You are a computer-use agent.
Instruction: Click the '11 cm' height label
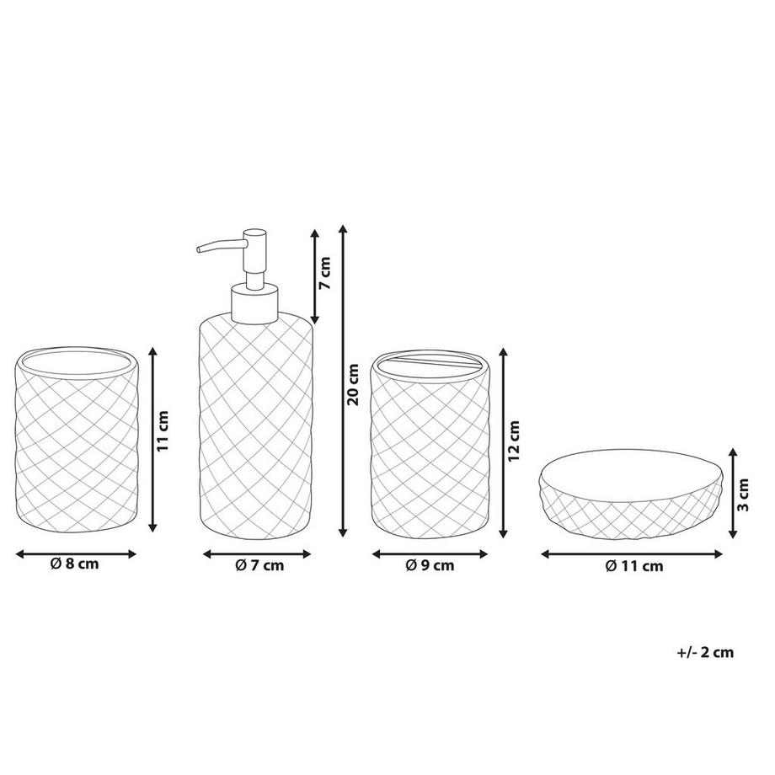coord(163,430)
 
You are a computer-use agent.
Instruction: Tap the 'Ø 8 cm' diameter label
coord(75,564)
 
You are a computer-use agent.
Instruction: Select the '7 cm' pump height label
coord(324,273)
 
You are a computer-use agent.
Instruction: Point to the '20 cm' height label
coord(353,384)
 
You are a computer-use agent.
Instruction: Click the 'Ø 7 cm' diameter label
coord(259,564)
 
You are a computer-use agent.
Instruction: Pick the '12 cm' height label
coord(514,441)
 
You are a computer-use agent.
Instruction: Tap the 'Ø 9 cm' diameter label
coord(430,564)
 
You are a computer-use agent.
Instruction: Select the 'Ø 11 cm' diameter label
coord(634,565)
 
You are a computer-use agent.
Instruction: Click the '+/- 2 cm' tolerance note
coord(705,652)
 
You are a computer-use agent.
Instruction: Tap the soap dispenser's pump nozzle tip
coord(199,249)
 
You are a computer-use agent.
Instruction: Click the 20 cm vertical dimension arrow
coord(343,381)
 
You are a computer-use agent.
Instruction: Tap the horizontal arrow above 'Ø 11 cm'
coord(632,554)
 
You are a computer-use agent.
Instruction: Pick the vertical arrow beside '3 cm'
coord(733,493)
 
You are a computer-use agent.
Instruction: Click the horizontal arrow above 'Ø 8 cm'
coord(76,554)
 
